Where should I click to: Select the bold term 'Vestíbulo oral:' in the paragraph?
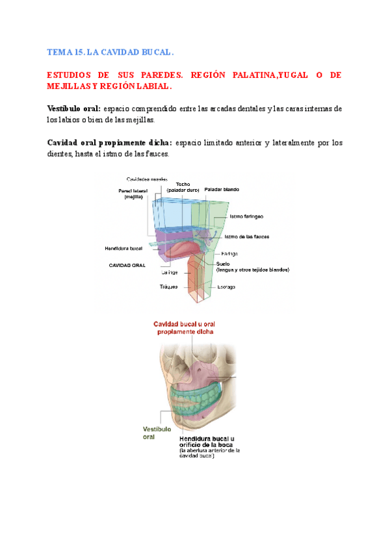(73, 108)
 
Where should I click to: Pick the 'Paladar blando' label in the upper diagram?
(222, 189)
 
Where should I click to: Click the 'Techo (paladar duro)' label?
(182, 186)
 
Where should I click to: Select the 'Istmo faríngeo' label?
(246, 216)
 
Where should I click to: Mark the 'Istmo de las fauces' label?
(248, 237)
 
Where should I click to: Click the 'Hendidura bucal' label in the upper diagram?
(123, 248)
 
